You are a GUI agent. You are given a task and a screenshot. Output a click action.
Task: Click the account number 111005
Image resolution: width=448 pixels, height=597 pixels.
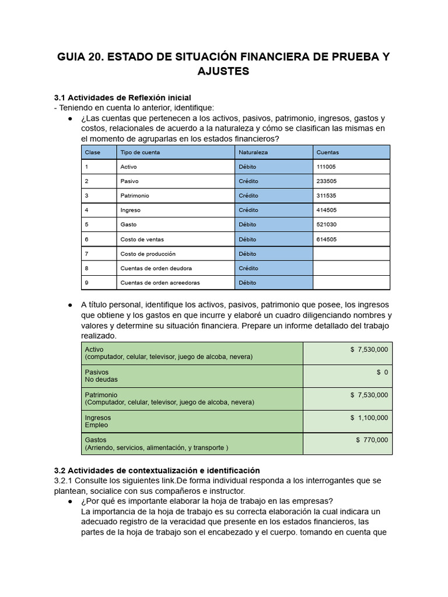click(x=325, y=167)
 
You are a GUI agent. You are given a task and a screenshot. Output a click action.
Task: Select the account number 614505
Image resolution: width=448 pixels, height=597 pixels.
click(x=325, y=240)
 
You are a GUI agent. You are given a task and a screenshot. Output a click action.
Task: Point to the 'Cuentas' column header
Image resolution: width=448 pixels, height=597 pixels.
click(x=327, y=152)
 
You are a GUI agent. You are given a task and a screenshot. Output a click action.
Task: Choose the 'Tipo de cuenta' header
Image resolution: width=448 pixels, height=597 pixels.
click(x=140, y=152)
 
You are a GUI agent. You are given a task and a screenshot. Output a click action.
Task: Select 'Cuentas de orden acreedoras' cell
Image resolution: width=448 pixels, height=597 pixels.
click(x=160, y=283)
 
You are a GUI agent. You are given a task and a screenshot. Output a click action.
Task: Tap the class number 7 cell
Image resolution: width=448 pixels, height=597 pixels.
click(x=87, y=254)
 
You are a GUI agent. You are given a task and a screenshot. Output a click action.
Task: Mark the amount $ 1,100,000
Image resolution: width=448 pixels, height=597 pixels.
click(x=369, y=417)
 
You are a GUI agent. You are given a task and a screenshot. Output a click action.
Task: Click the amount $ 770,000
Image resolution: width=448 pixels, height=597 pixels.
click(x=372, y=440)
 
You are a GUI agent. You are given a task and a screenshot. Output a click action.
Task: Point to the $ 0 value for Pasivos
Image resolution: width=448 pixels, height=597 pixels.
click(x=382, y=372)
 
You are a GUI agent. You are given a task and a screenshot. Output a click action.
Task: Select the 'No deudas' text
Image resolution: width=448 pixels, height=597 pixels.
click(x=101, y=380)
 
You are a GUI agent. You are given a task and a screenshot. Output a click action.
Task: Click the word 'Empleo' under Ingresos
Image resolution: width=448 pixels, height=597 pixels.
click(x=96, y=425)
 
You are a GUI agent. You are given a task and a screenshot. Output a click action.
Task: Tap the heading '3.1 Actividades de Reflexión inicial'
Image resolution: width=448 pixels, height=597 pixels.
click(x=122, y=97)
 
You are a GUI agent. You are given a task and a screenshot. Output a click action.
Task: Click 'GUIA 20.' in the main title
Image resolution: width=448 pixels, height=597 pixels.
click(x=79, y=57)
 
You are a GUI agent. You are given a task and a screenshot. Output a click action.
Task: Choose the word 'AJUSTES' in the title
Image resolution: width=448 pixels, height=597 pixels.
click(x=223, y=71)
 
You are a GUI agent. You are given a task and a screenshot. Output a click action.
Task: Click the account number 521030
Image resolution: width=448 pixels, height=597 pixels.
click(x=325, y=225)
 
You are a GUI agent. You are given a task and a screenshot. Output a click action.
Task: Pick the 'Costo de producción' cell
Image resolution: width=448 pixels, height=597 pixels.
click(x=148, y=254)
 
